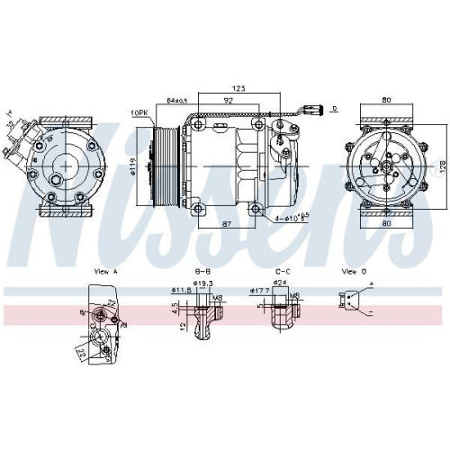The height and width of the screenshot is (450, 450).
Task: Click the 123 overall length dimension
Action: point(239,88)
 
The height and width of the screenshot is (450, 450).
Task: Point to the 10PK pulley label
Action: point(139,112)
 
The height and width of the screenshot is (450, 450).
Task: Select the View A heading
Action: point(106,270)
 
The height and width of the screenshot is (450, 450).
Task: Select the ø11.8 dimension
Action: point(181,292)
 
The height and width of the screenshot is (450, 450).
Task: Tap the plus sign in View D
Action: point(371,285)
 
